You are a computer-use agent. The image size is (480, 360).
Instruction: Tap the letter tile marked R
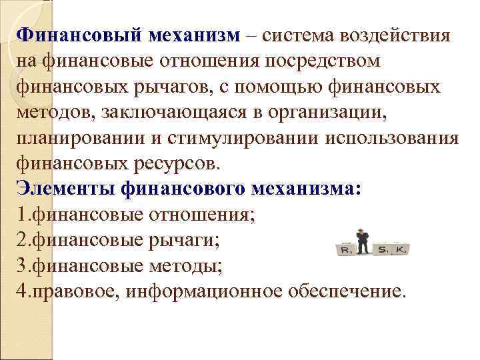point(345,249)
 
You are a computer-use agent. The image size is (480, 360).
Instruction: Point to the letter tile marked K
point(401,249)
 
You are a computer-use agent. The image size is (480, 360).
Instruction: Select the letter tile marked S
point(383,249)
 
